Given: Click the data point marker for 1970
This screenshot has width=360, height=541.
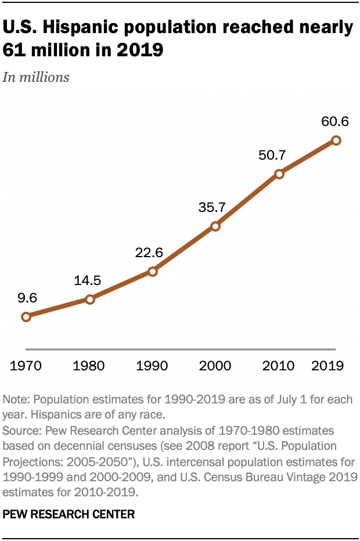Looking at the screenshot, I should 26,316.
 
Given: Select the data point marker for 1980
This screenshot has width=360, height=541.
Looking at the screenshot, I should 89,300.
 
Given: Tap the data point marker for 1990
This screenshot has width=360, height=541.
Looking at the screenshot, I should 153,271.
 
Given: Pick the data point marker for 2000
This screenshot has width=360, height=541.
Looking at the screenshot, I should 215,226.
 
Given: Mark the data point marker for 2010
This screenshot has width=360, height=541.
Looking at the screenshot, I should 279,174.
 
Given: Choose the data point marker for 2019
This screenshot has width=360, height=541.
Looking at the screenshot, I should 336,140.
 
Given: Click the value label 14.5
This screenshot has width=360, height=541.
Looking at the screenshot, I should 87,280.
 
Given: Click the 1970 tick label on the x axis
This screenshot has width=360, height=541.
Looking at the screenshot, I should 26,366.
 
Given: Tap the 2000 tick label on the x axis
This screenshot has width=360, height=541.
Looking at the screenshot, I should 215,366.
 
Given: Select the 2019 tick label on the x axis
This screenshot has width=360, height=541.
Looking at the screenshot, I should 327,366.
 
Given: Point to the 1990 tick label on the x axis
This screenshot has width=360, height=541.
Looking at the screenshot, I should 153,366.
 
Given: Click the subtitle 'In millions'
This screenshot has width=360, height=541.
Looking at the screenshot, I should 35,77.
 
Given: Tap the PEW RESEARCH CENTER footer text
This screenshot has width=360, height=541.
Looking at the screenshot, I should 69,514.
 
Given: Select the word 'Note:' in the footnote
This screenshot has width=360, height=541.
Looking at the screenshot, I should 16,400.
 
